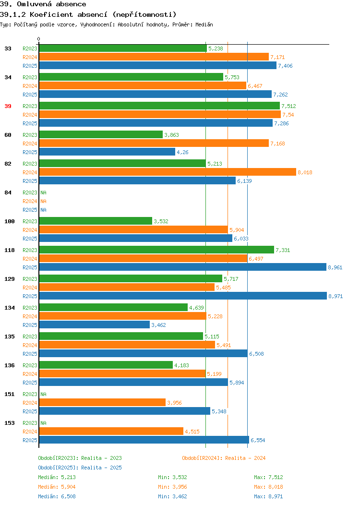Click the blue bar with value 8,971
183,296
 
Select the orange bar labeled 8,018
168,172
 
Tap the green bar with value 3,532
96,221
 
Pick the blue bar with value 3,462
95,325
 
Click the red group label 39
8,106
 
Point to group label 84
8,192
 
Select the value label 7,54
288,115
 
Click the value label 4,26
182,152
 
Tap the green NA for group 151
44,394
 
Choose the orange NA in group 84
44,201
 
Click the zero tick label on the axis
39,39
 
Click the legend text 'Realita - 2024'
245,458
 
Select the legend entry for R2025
80,468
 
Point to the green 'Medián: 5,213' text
57,477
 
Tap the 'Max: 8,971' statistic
268,497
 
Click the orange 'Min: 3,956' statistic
172,487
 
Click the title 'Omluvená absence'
51,4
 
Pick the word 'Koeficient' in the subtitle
51,14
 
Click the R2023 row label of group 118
30,250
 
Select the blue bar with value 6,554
144,440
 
